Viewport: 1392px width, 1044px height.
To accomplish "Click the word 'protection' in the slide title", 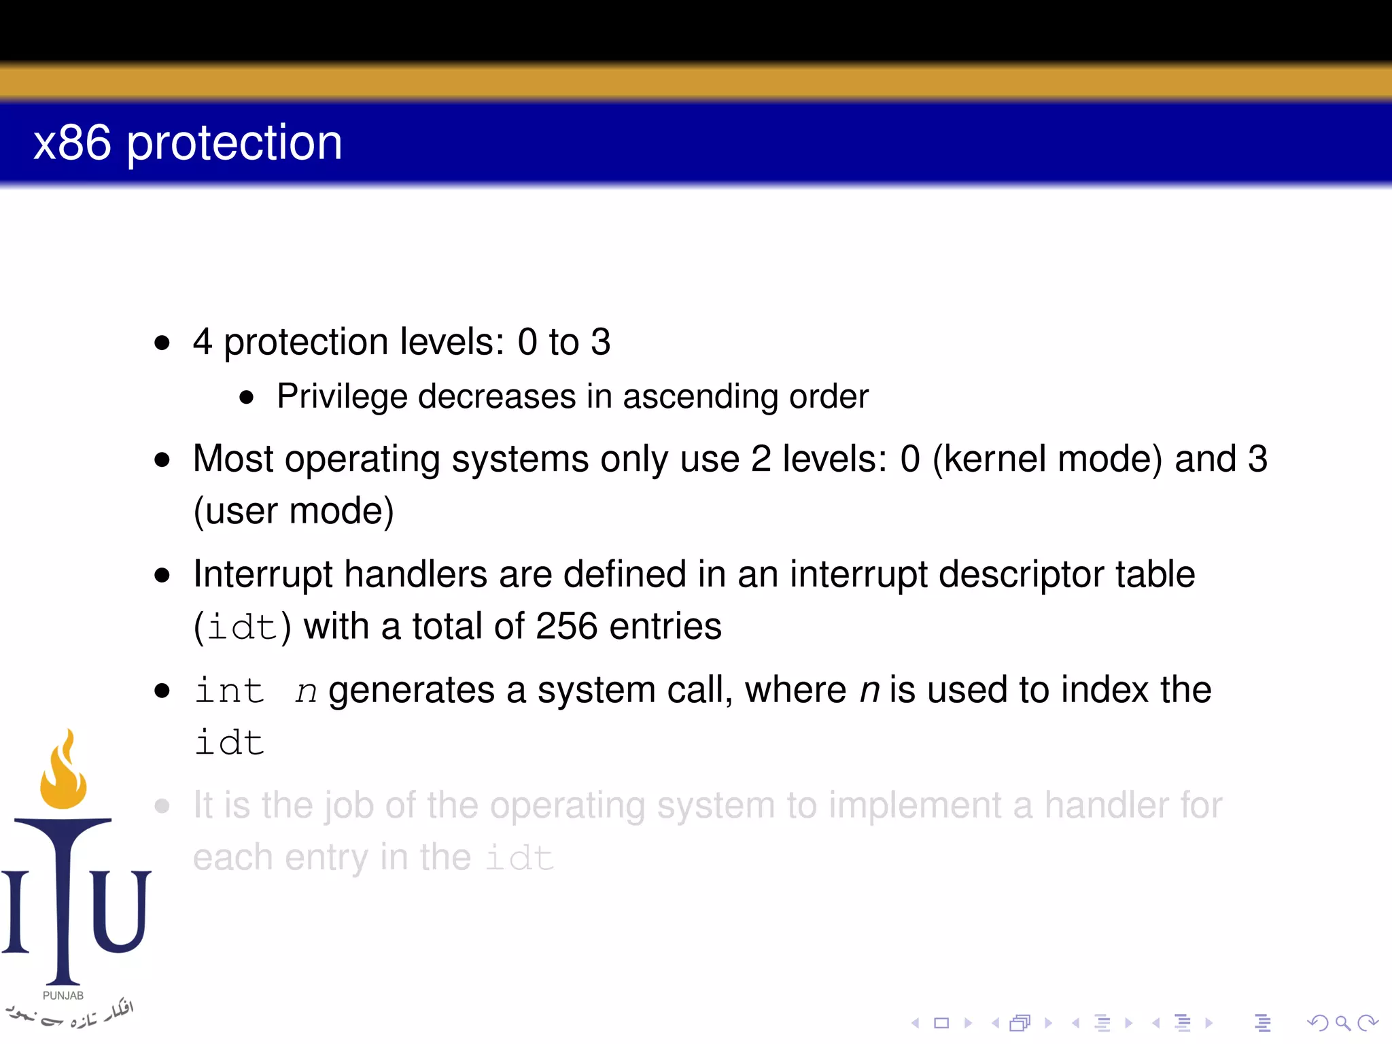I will click(x=234, y=145).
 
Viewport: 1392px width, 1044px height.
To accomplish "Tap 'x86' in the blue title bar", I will click(x=72, y=143).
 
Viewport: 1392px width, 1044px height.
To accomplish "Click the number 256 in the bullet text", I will click(x=566, y=626).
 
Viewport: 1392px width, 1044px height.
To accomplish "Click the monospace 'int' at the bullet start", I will click(x=229, y=691).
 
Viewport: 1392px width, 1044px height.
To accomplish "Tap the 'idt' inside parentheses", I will click(x=243, y=627).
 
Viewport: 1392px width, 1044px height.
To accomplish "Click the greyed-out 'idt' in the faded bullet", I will click(x=520, y=858).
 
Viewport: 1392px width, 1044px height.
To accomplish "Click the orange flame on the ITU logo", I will click(x=63, y=775).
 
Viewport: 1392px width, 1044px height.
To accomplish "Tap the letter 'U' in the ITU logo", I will click(x=120, y=911).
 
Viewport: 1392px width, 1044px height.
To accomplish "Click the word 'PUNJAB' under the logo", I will click(x=63, y=996).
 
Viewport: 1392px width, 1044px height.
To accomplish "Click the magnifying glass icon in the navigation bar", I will click(x=1342, y=1023).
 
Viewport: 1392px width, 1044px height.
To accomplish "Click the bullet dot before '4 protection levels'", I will click(x=162, y=343).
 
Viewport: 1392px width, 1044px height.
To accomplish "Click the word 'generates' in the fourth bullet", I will click(x=411, y=691).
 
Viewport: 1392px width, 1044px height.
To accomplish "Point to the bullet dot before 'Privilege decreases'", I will click(x=247, y=398).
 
